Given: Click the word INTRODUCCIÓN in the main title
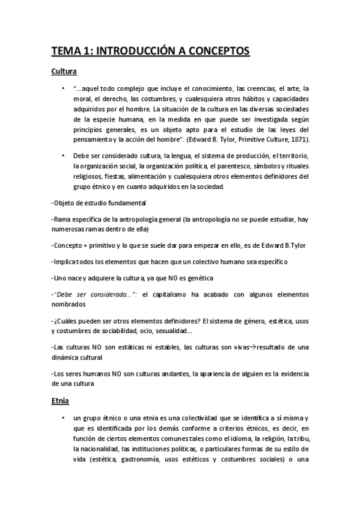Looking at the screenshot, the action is (139, 52).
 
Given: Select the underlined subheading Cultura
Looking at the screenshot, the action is (64, 72).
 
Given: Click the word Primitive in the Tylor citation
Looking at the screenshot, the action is (243, 140).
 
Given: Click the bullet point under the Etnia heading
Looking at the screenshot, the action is (63, 417).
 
